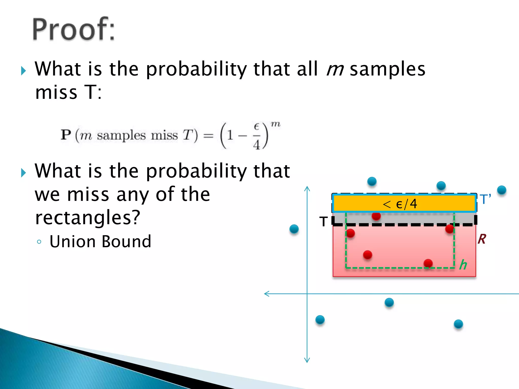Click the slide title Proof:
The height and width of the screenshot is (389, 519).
pyautogui.click(x=73, y=29)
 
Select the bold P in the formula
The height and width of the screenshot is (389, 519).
pyautogui.click(x=66, y=134)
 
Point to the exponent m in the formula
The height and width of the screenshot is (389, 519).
pyautogui.click(x=275, y=124)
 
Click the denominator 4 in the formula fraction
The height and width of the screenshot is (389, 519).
pyautogui.click(x=256, y=145)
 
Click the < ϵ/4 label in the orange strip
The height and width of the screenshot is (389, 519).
pyautogui.click(x=400, y=204)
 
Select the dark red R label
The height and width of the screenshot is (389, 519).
pyautogui.click(x=482, y=239)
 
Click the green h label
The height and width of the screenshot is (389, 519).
pyautogui.click(x=463, y=265)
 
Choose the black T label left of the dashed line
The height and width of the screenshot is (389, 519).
pyautogui.click(x=324, y=221)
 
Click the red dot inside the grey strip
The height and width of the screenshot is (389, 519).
pyautogui.click(x=376, y=216)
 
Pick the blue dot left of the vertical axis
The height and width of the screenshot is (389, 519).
pyautogui.click(x=294, y=229)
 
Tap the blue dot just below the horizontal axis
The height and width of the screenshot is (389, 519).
pyautogui.click(x=389, y=302)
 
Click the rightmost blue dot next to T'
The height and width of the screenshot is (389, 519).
pyautogui.click(x=502, y=190)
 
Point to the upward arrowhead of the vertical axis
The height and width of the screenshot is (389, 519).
pyautogui.click(x=307, y=188)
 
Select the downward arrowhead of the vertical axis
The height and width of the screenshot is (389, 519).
pyautogui.click(x=307, y=361)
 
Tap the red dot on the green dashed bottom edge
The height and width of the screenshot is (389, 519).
pyautogui.click(x=428, y=263)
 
